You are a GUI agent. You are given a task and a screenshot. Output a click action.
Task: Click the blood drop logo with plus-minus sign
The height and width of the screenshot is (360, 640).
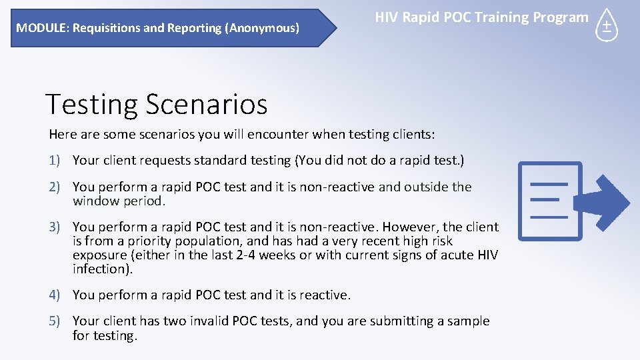click(607, 25)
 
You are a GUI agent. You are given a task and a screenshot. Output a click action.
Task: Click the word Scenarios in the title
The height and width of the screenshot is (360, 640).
click(206, 105)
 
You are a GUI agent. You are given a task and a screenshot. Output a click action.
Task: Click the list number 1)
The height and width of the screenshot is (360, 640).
click(56, 161)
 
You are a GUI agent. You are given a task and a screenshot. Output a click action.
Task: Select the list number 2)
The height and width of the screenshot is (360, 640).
click(56, 187)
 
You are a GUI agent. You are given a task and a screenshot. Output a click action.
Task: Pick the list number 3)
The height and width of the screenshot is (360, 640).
click(56, 227)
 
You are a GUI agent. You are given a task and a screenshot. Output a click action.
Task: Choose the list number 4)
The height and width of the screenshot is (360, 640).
click(56, 295)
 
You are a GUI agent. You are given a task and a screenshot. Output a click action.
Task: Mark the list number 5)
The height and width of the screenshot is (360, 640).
click(56, 321)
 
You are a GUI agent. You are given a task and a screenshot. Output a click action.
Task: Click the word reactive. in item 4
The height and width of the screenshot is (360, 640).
click(325, 295)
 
